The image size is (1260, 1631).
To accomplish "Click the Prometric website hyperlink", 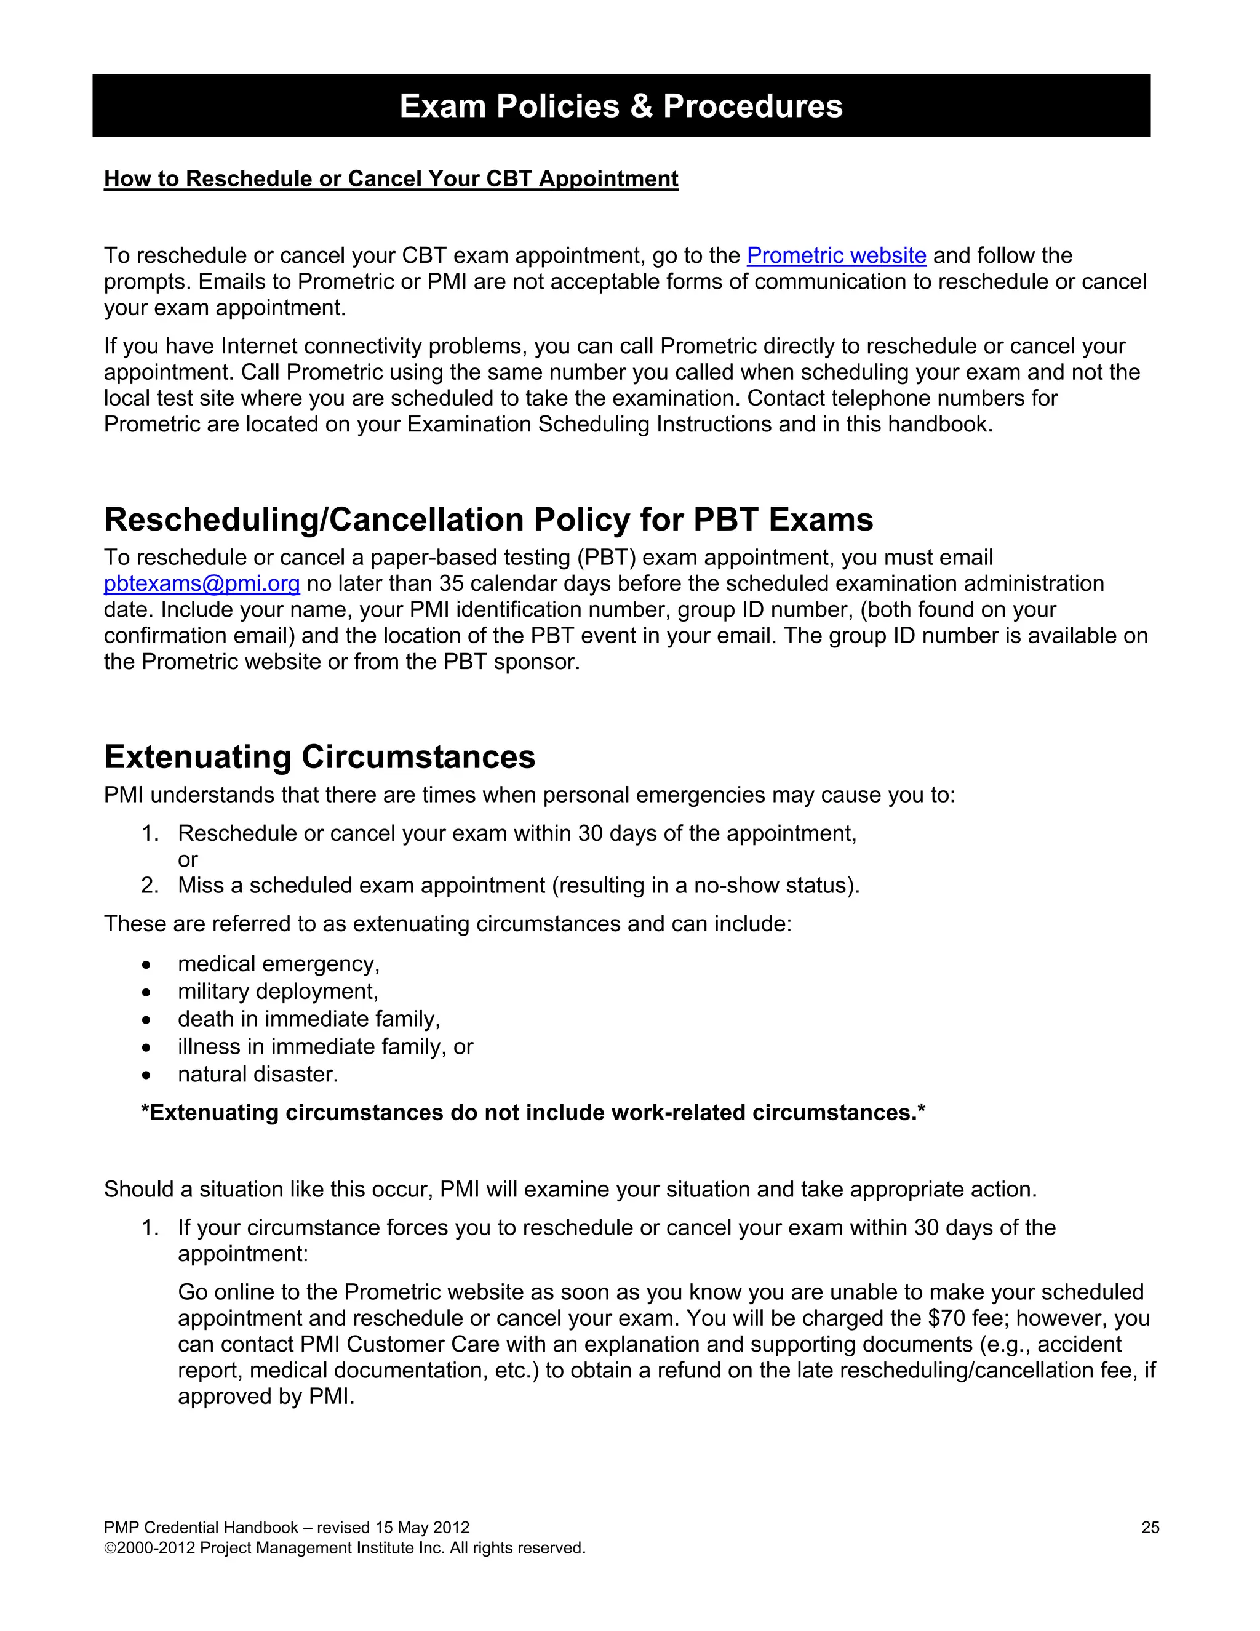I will (836, 255).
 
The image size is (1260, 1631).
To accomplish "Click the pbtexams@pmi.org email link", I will (202, 583).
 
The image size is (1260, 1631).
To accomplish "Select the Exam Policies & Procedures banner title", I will (621, 106).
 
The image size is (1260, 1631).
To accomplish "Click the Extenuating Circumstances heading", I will (319, 756).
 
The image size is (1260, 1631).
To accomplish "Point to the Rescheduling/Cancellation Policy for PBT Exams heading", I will (488, 520).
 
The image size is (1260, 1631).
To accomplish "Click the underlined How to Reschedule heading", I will (391, 179).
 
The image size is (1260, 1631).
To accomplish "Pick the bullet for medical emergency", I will (146, 965).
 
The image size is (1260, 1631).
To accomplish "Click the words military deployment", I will (277, 991).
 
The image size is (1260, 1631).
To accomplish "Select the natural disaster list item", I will (258, 1074).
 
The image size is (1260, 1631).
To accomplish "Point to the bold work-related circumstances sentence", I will (533, 1113).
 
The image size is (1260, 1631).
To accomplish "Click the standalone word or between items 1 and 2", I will (188, 860).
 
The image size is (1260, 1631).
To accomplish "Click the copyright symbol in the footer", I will (110, 1548).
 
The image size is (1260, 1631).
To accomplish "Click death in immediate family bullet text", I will (308, 1019).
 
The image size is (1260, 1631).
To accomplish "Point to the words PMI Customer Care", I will (399, 1344).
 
